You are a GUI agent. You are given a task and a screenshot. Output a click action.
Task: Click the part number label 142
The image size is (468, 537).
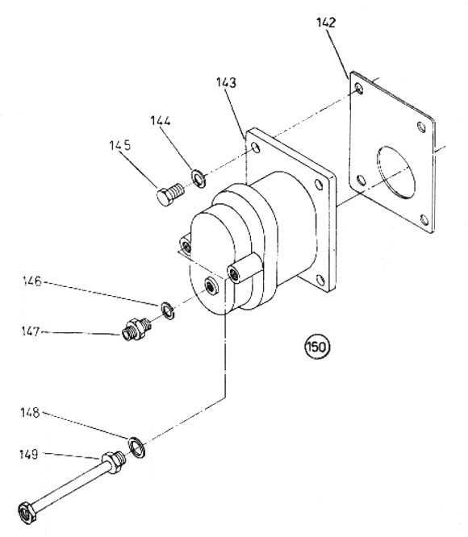(x=326, y=23)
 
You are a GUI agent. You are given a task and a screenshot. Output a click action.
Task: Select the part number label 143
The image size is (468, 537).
(x=226, y=83)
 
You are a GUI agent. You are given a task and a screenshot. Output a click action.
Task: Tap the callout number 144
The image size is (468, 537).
(x=161, y=121)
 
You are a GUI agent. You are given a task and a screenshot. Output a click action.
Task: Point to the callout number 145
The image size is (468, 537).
(x=120, y=145)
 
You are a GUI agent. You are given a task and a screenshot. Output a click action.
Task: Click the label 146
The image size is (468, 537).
(x=31, y=281)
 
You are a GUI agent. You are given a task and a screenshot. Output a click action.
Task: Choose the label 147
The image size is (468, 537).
(x=31, y=331)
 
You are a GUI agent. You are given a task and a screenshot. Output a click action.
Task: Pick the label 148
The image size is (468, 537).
(x=30, y=412)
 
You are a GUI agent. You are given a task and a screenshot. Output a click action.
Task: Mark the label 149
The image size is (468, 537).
(x=28, y=455)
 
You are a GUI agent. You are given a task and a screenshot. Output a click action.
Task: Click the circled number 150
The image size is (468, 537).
(x=317, y=347)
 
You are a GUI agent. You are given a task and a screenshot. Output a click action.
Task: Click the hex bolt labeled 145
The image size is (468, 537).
(x=171, y=194)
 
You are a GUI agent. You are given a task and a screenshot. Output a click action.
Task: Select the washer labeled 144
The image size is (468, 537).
(x=198, y=178)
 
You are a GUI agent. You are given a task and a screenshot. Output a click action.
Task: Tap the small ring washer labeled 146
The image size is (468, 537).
(x=168, y=310)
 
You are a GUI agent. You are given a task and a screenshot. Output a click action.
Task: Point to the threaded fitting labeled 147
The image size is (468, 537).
(x=136, y=329)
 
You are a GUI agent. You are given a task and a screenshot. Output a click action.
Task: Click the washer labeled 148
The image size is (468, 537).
(x=136, y=447)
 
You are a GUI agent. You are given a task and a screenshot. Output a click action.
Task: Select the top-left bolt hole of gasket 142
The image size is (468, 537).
(x=359, y=89)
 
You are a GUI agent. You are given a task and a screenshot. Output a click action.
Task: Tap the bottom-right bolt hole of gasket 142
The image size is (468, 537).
(x=424, y=219)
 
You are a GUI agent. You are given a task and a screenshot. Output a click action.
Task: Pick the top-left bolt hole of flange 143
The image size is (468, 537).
(x=256, y=148)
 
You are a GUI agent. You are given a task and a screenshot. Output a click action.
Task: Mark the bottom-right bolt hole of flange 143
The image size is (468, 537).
(x=320, y=281)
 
